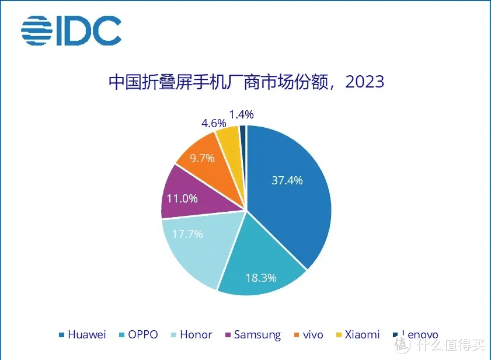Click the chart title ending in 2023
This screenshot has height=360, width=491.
pos(246,81)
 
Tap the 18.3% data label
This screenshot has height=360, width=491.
pos(261,278)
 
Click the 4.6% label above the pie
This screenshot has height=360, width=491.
pos(213,123)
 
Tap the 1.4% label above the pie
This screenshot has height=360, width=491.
pos(241,114)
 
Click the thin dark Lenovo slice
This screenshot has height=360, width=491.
pos(243,131)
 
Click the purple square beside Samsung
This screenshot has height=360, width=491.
pos(227,335)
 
